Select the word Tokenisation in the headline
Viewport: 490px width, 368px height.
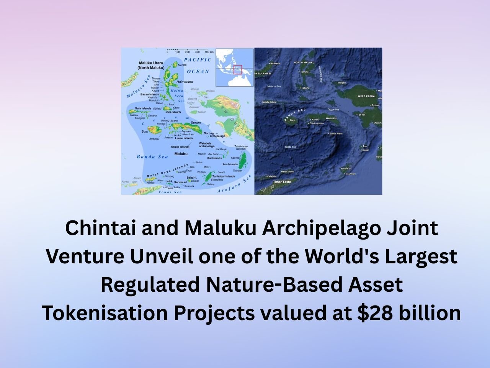coord(105,313)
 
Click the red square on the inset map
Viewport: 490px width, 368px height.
coord(238,70)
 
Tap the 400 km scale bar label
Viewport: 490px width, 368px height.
coord(209,52)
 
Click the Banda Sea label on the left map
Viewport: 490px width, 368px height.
coord(147,156)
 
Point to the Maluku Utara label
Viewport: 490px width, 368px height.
coord(151,63)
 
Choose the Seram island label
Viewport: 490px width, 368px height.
coord(195,123)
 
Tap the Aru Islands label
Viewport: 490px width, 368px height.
coord(230,164)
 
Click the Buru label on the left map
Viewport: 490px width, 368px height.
coord(145,131)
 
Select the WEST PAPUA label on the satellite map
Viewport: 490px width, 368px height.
coord(366,96)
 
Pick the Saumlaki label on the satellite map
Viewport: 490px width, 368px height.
coord(351,174)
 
